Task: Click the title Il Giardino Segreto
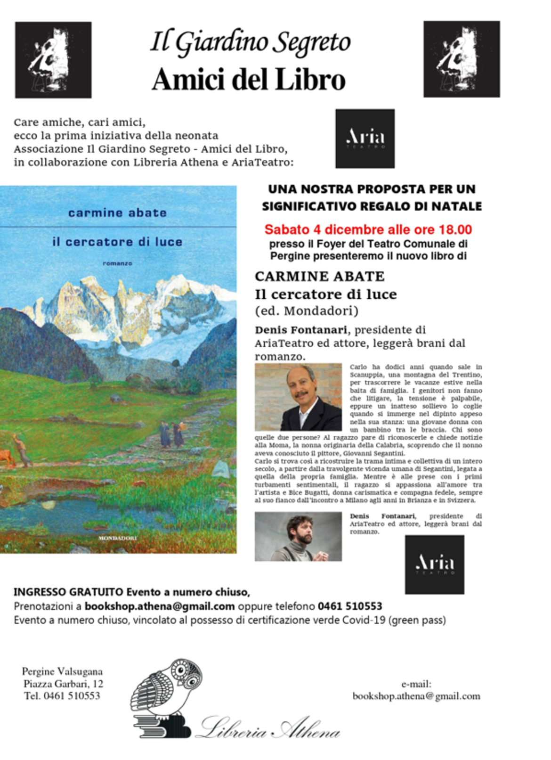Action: (250, 43)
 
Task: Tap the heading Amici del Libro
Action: (249, 79)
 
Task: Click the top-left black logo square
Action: (53, 60)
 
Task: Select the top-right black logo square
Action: (462, 59)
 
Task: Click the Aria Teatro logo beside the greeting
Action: (365, 139)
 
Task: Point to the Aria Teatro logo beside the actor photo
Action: (435, 564)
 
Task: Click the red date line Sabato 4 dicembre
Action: (368, 230)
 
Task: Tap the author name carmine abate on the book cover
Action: (117, 213)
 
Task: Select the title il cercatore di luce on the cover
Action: (117, 242)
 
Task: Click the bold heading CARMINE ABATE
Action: (320, 276)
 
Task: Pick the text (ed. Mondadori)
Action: (307, 311)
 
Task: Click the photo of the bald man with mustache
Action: (298, 397)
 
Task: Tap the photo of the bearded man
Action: (298, 537)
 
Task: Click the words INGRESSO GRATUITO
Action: (69, 592)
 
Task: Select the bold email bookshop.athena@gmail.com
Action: (160, 606)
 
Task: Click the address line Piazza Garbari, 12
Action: (63, 684)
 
